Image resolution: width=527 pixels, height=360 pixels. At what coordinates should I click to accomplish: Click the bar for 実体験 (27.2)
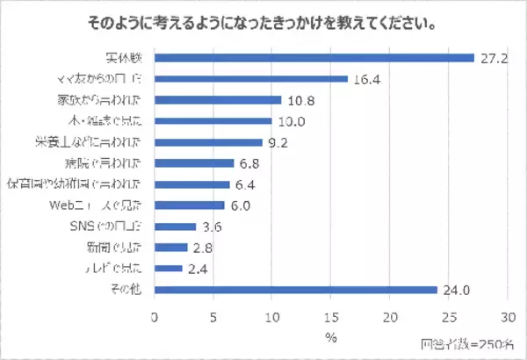click(x=314, y=58)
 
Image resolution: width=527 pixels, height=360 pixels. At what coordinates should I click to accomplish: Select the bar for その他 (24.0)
click(x=296, y=290)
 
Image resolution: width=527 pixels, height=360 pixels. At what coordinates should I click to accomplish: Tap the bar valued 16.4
click(x=251, y=79)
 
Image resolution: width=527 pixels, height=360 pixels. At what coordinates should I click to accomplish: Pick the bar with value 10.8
click(x=218, y=100)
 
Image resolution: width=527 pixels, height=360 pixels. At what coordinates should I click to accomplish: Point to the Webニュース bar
click(x=190, y=205)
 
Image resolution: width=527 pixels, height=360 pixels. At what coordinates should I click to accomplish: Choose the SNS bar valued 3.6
click(x=176, y=227)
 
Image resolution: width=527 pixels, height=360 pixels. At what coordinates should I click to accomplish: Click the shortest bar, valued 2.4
click(x=169, y=269)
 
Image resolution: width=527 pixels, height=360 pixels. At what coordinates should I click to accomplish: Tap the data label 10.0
click(x=289, y=121)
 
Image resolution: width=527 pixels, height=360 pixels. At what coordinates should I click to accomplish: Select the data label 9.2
click(x=280, y=142)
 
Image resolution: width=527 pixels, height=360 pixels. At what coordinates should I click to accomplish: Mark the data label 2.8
click(x=205, y=248)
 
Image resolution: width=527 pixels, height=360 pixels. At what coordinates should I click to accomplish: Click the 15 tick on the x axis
click(x=331, y=314)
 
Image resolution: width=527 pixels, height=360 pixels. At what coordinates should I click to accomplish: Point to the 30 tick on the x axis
click(x=508, y=314)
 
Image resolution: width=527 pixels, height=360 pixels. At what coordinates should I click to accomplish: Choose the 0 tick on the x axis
click(x=155, y=314)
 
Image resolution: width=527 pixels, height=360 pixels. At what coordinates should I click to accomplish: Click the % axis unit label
click(x=330, y=335)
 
